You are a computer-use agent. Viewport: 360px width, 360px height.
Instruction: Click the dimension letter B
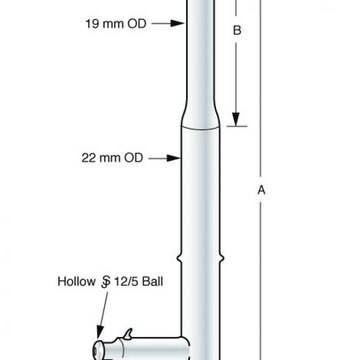[237, 30]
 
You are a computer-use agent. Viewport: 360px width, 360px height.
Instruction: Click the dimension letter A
[261, 190]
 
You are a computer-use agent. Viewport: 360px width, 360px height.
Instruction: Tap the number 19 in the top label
[92, 24]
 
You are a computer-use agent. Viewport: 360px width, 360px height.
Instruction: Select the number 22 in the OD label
[89, 158]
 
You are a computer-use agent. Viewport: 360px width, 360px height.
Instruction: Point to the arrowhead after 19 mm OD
[177, 23]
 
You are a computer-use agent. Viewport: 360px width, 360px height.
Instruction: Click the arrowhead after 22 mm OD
[174, 158]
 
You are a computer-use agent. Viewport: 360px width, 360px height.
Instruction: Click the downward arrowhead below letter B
[236, 119]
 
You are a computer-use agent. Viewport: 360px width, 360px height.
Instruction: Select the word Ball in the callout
[153, 281]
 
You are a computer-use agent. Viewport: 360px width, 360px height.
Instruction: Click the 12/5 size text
[126, 282]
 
